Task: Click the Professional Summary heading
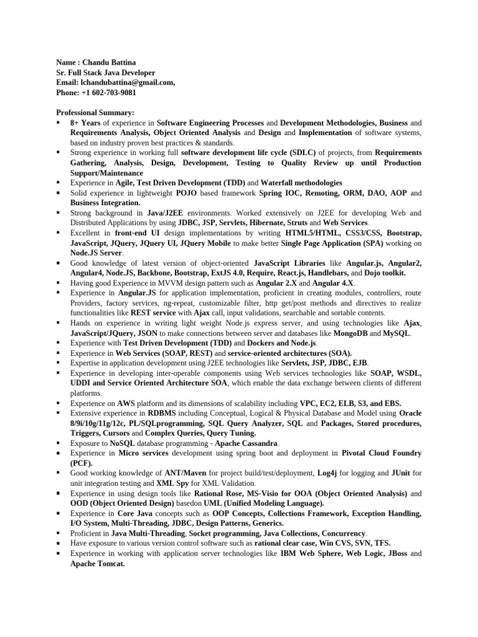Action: (95, 113)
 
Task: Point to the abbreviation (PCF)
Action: (82, 463)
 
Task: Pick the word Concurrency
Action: (344, 533)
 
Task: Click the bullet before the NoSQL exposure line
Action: (58, 443)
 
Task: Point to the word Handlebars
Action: (322, 272)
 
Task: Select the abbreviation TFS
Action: (382, 543)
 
